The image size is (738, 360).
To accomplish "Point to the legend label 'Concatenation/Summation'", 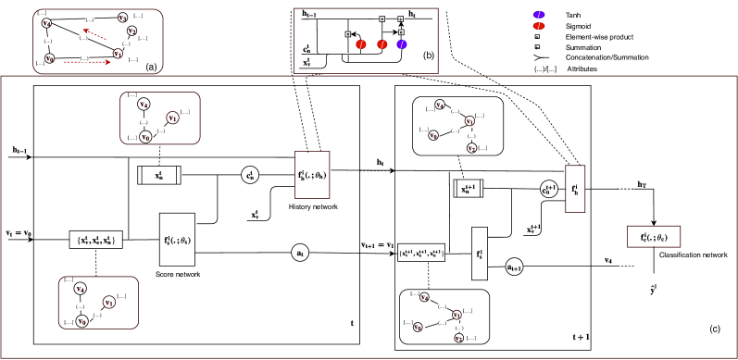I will pos(620,59).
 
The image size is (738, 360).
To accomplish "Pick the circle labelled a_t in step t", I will pos(299,251).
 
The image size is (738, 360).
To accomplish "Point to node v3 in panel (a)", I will pos(123,18).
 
